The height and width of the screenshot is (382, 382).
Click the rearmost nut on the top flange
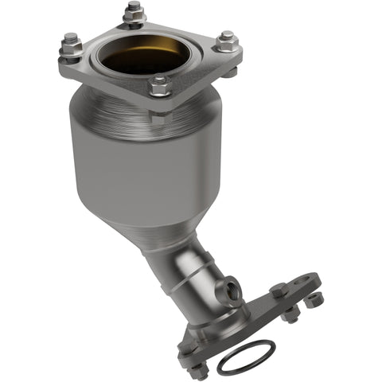tap(132, 12)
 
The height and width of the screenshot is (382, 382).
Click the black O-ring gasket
tap(246, 356)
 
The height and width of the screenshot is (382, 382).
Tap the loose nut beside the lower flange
tap(316, 300)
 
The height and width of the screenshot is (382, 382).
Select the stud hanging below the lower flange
tap(290, 317)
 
